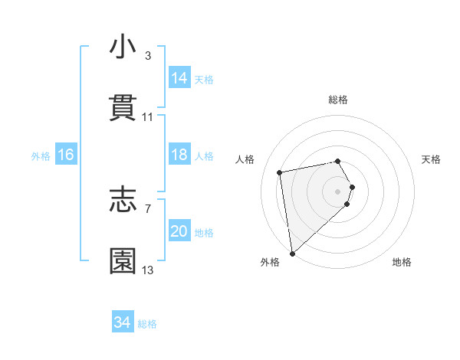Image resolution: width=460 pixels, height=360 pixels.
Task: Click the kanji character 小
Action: coord(123,47)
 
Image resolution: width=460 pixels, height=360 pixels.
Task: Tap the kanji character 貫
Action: coord(123,108)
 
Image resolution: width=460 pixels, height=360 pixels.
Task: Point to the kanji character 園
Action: coord(123,260)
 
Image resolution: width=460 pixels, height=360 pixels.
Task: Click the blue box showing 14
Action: coord(179,78)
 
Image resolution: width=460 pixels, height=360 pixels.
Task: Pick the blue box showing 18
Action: coord(179,155)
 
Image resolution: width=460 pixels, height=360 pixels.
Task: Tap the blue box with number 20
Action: coord(179,231)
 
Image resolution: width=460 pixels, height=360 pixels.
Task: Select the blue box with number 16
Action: coord(66,155)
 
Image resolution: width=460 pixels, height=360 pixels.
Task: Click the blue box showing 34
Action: coord(123,322)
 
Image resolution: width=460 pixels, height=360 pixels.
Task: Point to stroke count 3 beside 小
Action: coord(148,56)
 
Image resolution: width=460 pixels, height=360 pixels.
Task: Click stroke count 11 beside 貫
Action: coord(148,117)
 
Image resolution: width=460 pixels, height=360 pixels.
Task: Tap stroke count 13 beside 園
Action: coord(148,270)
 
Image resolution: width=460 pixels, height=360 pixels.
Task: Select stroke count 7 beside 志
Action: coord(148,208)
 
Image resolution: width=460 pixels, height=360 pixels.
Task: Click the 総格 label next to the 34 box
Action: coord(148,324)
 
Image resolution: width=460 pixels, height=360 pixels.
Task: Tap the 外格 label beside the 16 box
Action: coord(41,156)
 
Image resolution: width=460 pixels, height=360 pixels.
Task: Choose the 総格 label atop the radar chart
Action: coord(338,100)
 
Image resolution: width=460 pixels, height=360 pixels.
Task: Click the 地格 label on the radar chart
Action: coord(402,262)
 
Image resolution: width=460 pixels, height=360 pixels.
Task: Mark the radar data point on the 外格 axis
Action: coord(292,252)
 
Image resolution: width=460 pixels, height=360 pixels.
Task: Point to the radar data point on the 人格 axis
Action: coord(280,172)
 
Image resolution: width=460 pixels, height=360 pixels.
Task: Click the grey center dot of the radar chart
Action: coord(338,191)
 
